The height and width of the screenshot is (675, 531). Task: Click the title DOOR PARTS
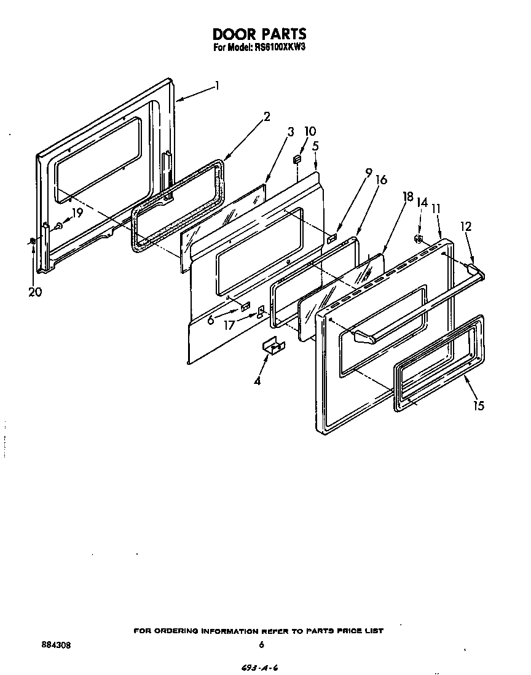click(x=259, y=33)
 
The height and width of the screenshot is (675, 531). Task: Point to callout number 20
click(x=35, y=292)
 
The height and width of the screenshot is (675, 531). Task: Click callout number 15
click(x=479, y=405)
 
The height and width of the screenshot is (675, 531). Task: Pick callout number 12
click(x=465, y=227)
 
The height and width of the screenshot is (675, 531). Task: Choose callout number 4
click(x=257, y=381)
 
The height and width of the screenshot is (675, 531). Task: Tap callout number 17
click(x=228, y=326)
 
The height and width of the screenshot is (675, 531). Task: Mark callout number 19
click(x=76, y=213)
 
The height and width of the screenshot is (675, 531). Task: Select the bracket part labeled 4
click(x=273, y=348)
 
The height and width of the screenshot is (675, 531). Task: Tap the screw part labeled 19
click(x=58, y=226)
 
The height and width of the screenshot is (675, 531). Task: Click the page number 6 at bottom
click(x=262, y=645)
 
